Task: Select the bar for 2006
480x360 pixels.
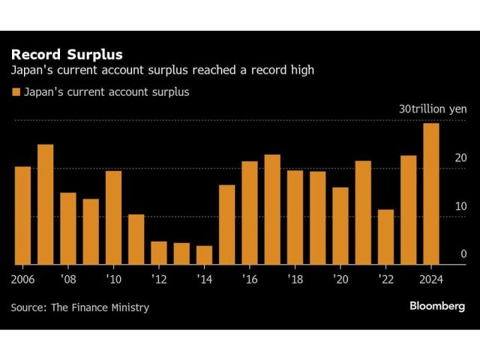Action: coord(22,215)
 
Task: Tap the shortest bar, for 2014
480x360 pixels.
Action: coord(204,255)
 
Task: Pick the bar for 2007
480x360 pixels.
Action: coord(45,204)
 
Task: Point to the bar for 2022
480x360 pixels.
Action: coord(385,237)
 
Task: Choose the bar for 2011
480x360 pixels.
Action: coord(136,239)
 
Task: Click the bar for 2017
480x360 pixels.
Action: coord(272,209)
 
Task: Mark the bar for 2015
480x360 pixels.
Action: coord(226,224)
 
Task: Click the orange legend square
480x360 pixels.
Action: coord(16,92)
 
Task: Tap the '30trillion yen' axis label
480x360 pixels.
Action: coord(433,109)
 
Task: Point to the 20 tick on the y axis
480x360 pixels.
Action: coord(460,158)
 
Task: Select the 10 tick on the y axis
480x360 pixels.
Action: coord(460,206)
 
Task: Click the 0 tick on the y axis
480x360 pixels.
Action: coord(463,254)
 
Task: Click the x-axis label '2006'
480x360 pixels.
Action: coord(23,278)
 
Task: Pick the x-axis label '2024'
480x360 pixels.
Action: coord(431,278)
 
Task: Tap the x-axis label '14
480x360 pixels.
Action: coord(204,278)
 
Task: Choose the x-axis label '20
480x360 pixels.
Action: coord(340,278)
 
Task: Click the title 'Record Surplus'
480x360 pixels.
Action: coord(66,55)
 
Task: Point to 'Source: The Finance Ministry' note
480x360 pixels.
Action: coord(79,307)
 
